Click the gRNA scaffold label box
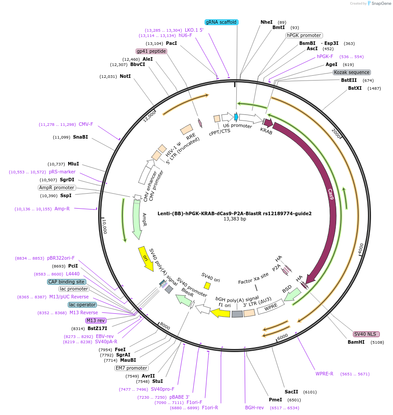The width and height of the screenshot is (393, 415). [222, 22]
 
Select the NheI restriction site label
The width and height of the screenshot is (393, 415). [267, 22]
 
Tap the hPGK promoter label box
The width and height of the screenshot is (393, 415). [304, 35]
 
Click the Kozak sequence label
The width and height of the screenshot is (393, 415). [352, 72]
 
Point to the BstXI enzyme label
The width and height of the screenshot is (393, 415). [355, 88]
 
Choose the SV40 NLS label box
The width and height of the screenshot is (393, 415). [366, 334]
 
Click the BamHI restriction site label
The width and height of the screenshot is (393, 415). [356, 342]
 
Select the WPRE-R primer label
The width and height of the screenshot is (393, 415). [324, 374]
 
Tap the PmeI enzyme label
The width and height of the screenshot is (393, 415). [275, 400]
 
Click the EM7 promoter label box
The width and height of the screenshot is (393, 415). [131, 368]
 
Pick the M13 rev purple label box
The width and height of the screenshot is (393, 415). [95, 320]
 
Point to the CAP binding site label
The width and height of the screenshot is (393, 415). [66, 282]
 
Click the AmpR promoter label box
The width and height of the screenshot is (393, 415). [57, 187]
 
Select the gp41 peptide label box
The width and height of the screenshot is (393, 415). [151, 51]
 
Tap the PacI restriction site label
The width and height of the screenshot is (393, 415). [171, 44]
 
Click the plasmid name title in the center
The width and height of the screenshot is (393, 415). [235, 213]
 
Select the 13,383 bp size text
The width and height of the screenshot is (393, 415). [235, 219]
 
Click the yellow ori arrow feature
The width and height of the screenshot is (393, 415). [146, 259]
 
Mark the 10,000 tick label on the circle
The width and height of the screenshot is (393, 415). [105, 226]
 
